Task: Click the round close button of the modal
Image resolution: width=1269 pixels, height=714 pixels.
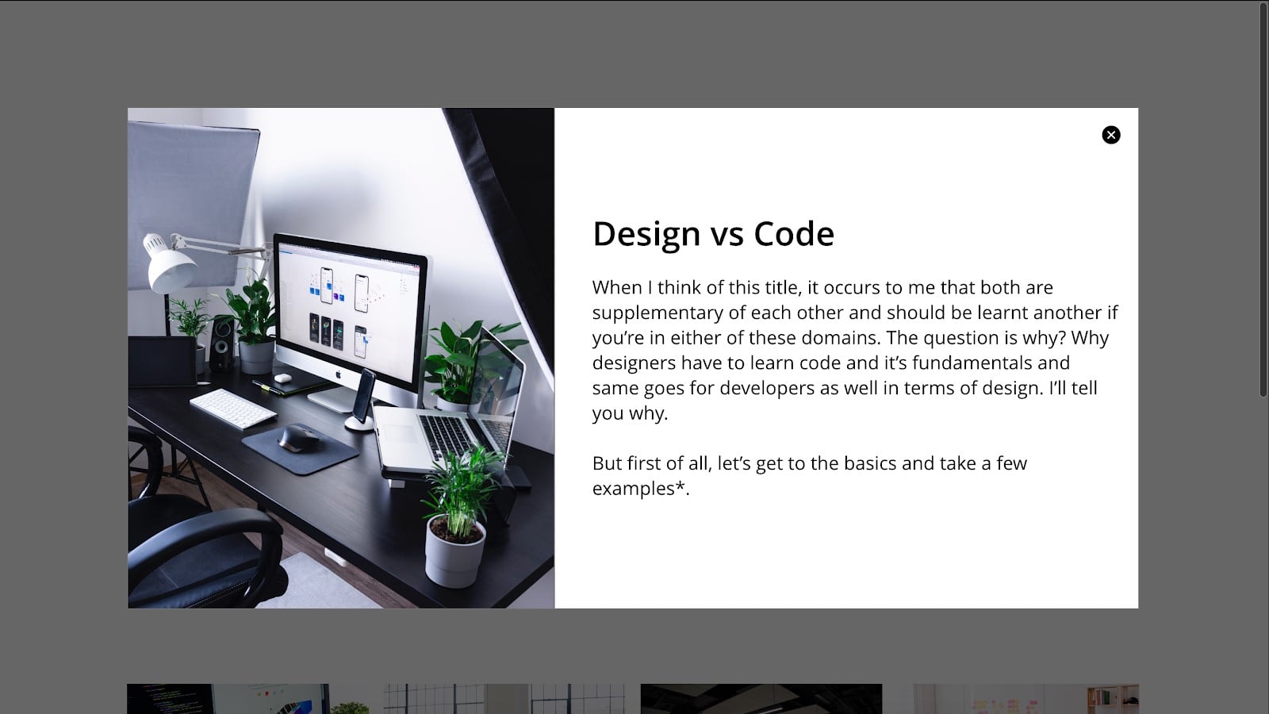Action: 1110,135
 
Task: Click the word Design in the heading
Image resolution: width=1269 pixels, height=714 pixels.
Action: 646,234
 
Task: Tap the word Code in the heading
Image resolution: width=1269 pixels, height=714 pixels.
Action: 794,234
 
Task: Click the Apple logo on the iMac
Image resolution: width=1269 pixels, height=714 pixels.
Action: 337,373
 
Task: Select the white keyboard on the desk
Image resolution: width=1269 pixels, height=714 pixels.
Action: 233,407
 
